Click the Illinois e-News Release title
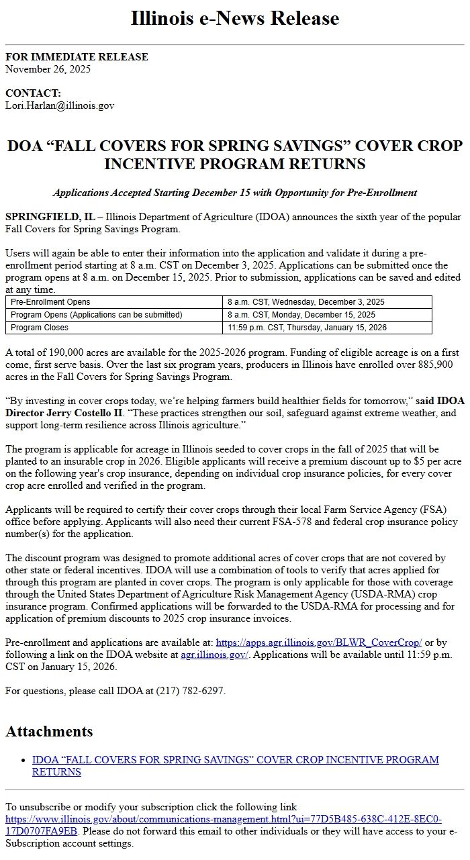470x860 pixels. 235,18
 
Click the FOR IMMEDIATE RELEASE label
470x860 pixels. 77,57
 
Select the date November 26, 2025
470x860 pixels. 48,68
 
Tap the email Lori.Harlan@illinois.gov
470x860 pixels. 60,105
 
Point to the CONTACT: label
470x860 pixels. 33,93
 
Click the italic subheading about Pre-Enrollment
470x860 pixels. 235,193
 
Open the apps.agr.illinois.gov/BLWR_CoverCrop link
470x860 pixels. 319,642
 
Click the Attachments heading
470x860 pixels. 49,731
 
